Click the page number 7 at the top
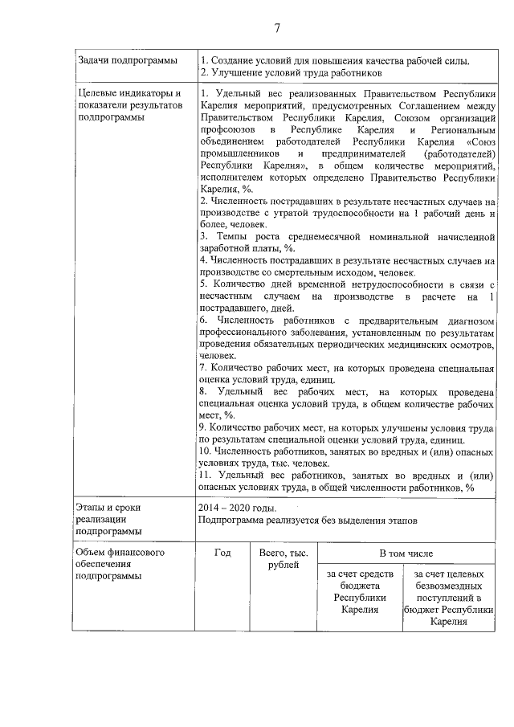pos(276,29)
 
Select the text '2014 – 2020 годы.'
pos(238,508)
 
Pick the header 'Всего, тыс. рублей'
pos(278,560)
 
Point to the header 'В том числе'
pos(406,553)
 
